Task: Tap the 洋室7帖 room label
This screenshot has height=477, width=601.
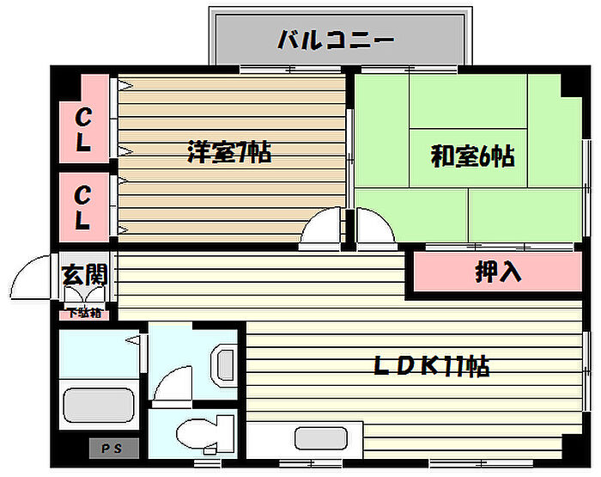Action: pos(229,154)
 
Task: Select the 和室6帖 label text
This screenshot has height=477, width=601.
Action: pos(472,156)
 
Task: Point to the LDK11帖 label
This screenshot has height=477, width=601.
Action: pos(432,367)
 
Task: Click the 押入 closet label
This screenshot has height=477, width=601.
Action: pos(499,272)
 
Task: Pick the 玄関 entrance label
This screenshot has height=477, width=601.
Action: pos(84,275)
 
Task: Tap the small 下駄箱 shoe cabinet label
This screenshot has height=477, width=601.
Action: pos(84,313)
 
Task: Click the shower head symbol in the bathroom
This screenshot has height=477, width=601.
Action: pos(132,342)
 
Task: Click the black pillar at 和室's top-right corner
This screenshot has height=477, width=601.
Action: pos(570,84)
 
